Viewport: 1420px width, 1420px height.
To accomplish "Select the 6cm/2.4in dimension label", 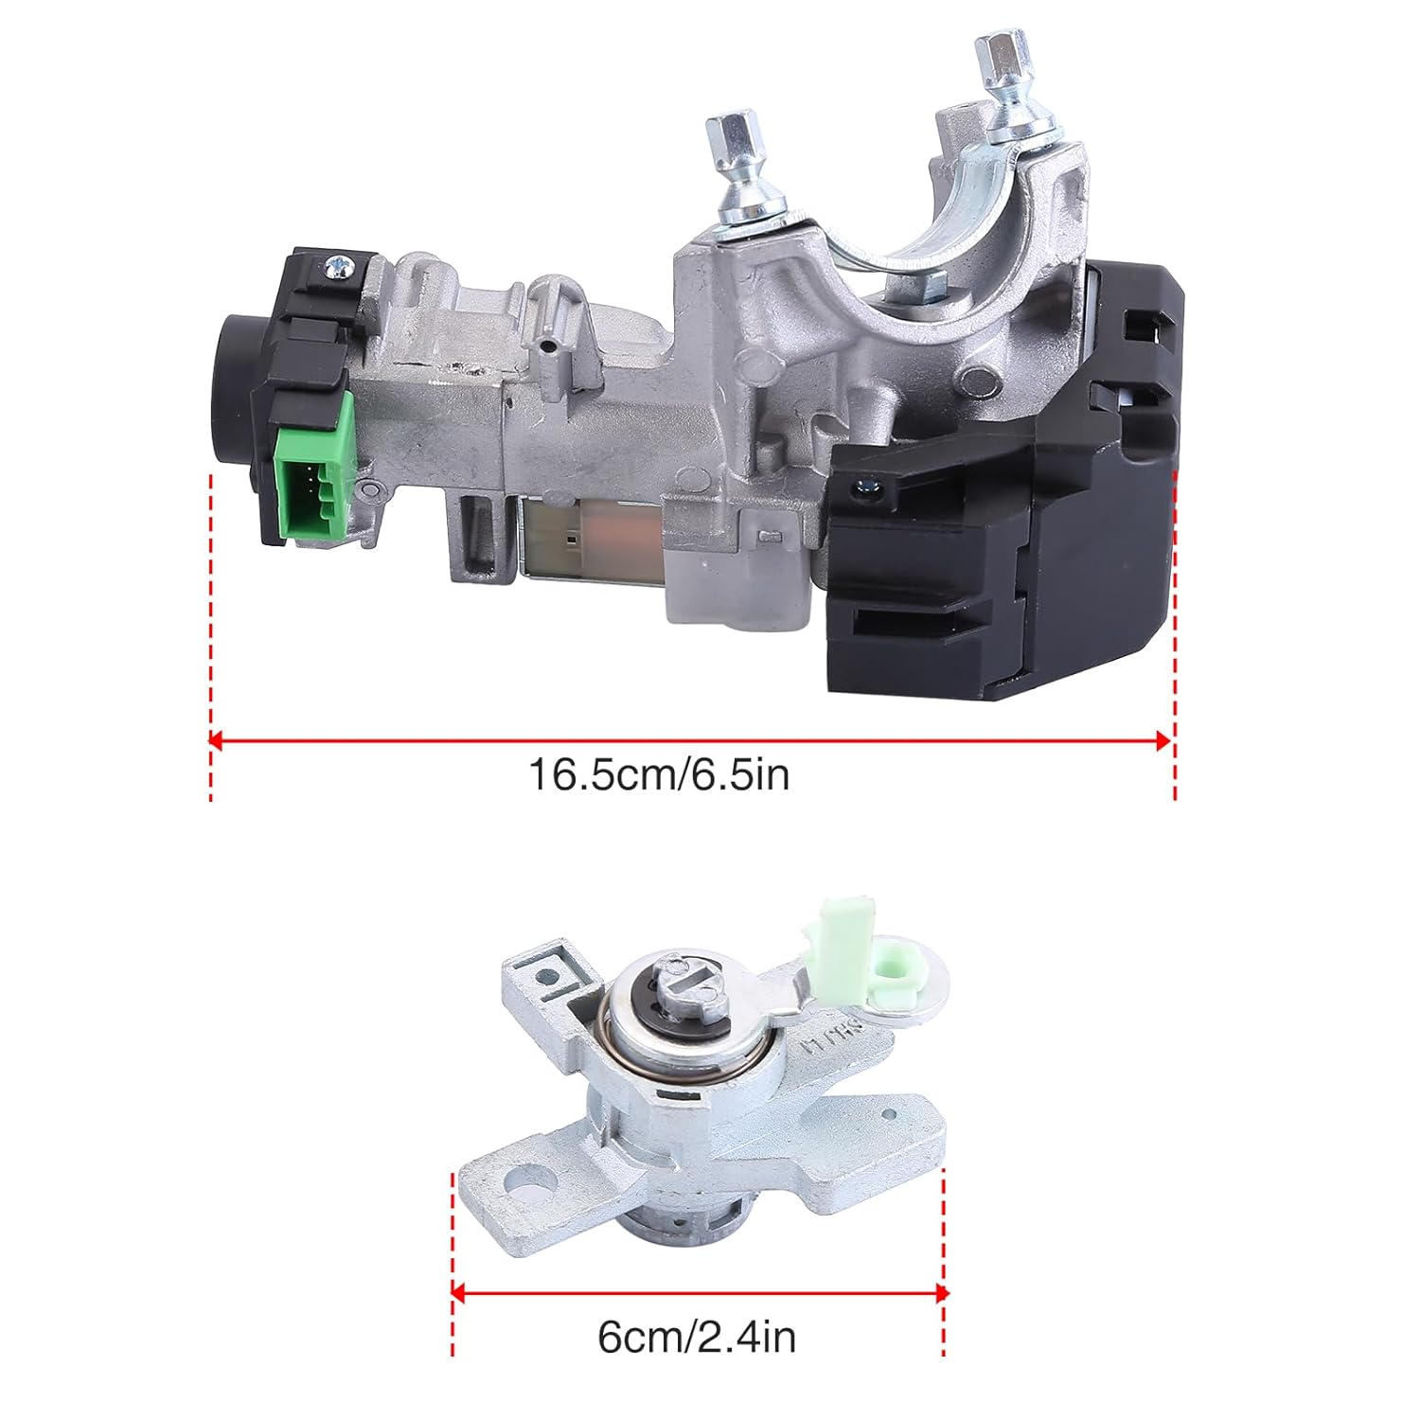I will pos(697,1337).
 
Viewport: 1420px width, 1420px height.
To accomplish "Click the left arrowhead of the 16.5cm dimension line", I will pos(217,740).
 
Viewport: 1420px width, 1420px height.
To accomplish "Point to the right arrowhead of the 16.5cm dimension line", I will pos(1165,740).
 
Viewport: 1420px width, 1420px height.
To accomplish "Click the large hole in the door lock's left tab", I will pos(524,1179).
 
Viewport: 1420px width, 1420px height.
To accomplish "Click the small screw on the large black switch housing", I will pos(862,488).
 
